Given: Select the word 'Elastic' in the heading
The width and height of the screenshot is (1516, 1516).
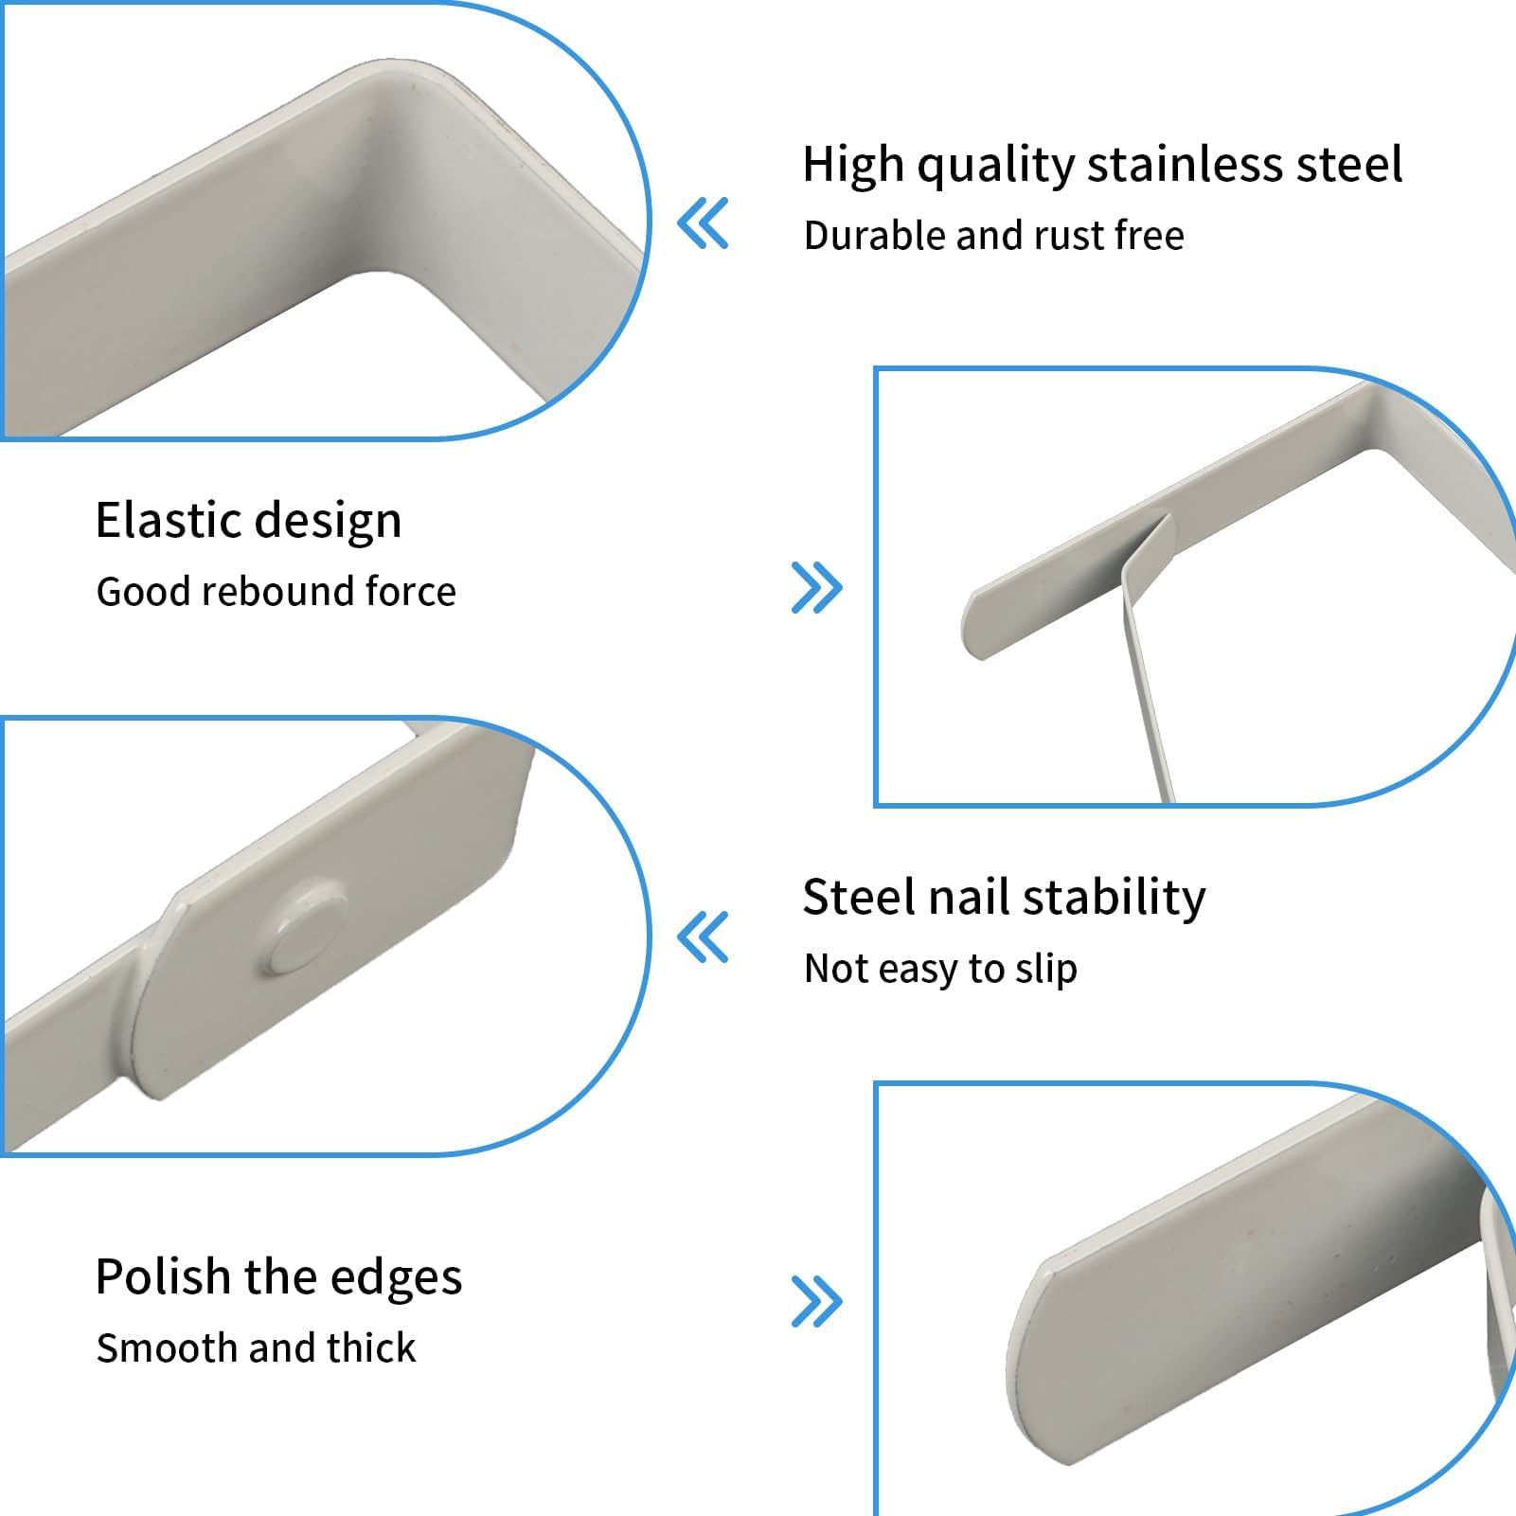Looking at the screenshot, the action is (167, 520).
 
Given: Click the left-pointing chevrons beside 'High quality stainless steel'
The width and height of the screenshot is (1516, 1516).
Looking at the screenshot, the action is (703, 223).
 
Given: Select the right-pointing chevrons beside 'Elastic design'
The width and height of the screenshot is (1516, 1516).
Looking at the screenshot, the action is (816, 588).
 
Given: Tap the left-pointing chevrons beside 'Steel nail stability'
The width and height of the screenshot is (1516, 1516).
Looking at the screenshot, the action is (703, 937).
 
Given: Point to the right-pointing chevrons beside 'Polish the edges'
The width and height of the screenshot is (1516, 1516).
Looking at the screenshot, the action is (816, 1302).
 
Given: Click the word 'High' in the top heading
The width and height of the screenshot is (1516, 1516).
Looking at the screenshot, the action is (853, 166).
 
